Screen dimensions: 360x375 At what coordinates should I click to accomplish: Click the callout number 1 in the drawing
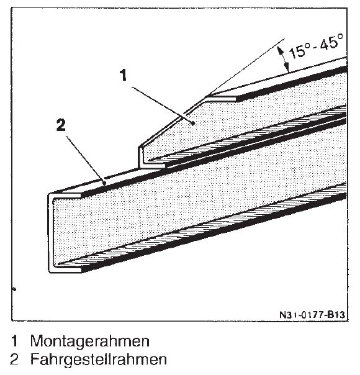(x=124, y=75)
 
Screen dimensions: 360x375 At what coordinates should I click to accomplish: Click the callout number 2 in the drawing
(x=61, y=125)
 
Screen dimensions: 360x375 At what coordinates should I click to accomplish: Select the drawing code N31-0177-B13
(x=312, y=315)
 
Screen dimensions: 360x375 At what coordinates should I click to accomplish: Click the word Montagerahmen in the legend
(x=90, y=341)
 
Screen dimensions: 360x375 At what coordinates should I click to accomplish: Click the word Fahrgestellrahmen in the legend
(x=99, y=359)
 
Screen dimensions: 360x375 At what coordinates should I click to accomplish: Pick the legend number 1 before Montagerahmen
(x=14, y=341)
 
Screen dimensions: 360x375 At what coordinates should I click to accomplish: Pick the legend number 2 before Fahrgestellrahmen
(x=14, y=359)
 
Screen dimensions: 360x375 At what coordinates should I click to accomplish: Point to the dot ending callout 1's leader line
(x=192, y=123)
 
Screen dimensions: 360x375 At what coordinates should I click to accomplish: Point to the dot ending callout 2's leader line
(x=104, y=183)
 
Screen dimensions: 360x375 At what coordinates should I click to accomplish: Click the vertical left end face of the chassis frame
(x=50, y=233)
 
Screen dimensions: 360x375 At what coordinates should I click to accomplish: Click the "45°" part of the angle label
(x=332, y=42)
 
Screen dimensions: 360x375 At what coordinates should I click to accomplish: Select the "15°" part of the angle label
(x=299, y=52)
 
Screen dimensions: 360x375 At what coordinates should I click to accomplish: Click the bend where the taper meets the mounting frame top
(x=206, y=97)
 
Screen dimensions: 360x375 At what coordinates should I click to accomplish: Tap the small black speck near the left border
(x=14, y=289)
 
